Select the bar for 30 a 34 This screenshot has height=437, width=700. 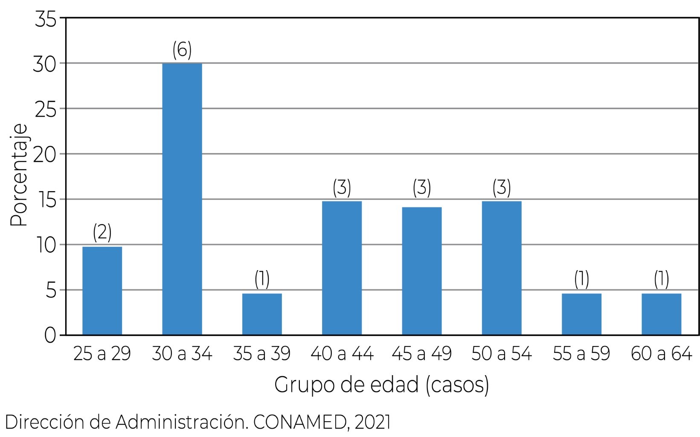(182, 199)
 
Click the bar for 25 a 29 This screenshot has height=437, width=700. (102, 291)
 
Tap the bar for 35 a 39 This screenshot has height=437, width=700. (262, 314)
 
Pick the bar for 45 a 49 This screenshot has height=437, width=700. (422, 271)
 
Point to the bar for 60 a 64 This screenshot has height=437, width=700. (661, 314)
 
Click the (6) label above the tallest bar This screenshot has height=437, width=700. (182, 50)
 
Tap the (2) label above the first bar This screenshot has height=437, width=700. (102, 233)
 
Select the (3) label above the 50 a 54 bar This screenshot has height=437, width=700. (502, 188)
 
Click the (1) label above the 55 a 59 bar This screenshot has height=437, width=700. (581, 280)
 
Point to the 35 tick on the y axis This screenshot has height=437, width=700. (45, 20)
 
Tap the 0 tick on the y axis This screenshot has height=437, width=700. (50, 335)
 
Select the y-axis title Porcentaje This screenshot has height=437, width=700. (19, 175)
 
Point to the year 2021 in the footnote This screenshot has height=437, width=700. (372, 422)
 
